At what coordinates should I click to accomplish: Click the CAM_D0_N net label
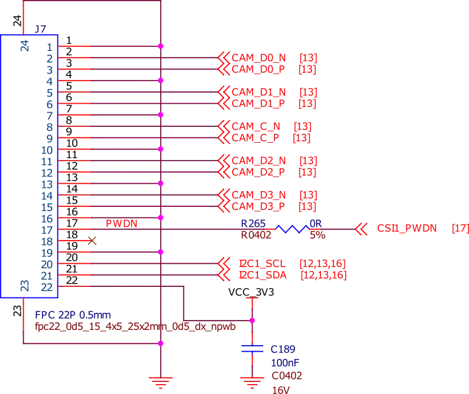[x=259, y=58]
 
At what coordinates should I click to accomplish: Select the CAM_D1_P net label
[x=259, y=103]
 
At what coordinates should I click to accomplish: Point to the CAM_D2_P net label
[x=259, y=172]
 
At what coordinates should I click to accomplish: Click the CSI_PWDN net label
[x=407, y=229]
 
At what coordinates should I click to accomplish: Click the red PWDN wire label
[x=122, y=223]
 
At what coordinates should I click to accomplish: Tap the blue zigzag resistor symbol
[x=292, y=229]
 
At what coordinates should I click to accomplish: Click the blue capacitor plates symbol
[x=251, y=349]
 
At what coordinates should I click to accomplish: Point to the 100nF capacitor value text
[x=285, y=362]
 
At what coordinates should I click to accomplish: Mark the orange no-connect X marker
[x=92, y=241]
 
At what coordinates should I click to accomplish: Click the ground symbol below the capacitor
[x=251, y=380]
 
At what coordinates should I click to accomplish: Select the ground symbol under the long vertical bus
[x=160, y=380]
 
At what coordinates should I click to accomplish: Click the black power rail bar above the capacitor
[x=251, y=291]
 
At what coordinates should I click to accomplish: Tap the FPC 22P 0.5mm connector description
[x=73, y=316]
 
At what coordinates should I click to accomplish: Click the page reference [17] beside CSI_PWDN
[x=459, y=229]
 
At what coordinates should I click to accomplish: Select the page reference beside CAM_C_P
[x=301, y=138]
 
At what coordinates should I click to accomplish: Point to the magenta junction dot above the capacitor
[x=251, y=320]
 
